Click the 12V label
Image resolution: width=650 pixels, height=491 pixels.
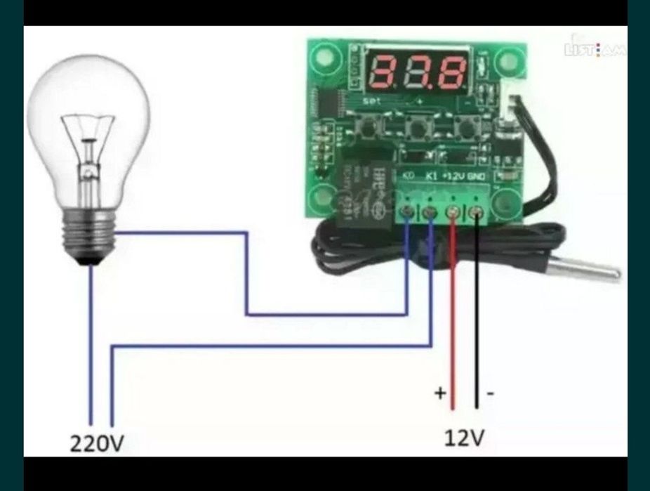pyautogui.click(x=464, y=438)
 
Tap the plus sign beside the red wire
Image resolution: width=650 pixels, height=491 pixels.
pyautogui.click(x=440, y=393)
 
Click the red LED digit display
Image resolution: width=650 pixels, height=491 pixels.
pyautogui.click(x=416, y=72)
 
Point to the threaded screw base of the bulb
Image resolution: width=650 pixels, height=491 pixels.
pyautogui.click(x=88, y=235)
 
